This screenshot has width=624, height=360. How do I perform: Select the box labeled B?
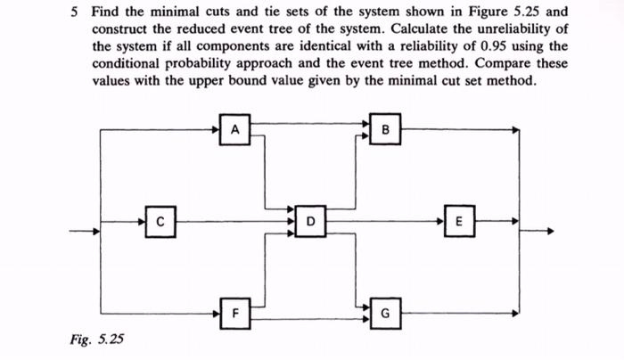pos(385,131)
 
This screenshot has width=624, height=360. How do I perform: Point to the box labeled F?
pos(235,313)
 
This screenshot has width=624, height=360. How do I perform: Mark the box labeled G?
pos(385,313)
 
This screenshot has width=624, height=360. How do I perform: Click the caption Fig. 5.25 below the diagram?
pos(97,339)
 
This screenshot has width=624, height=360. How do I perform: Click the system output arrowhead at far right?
pos(550,231)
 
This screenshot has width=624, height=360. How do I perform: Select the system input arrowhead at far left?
pos(94,231)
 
